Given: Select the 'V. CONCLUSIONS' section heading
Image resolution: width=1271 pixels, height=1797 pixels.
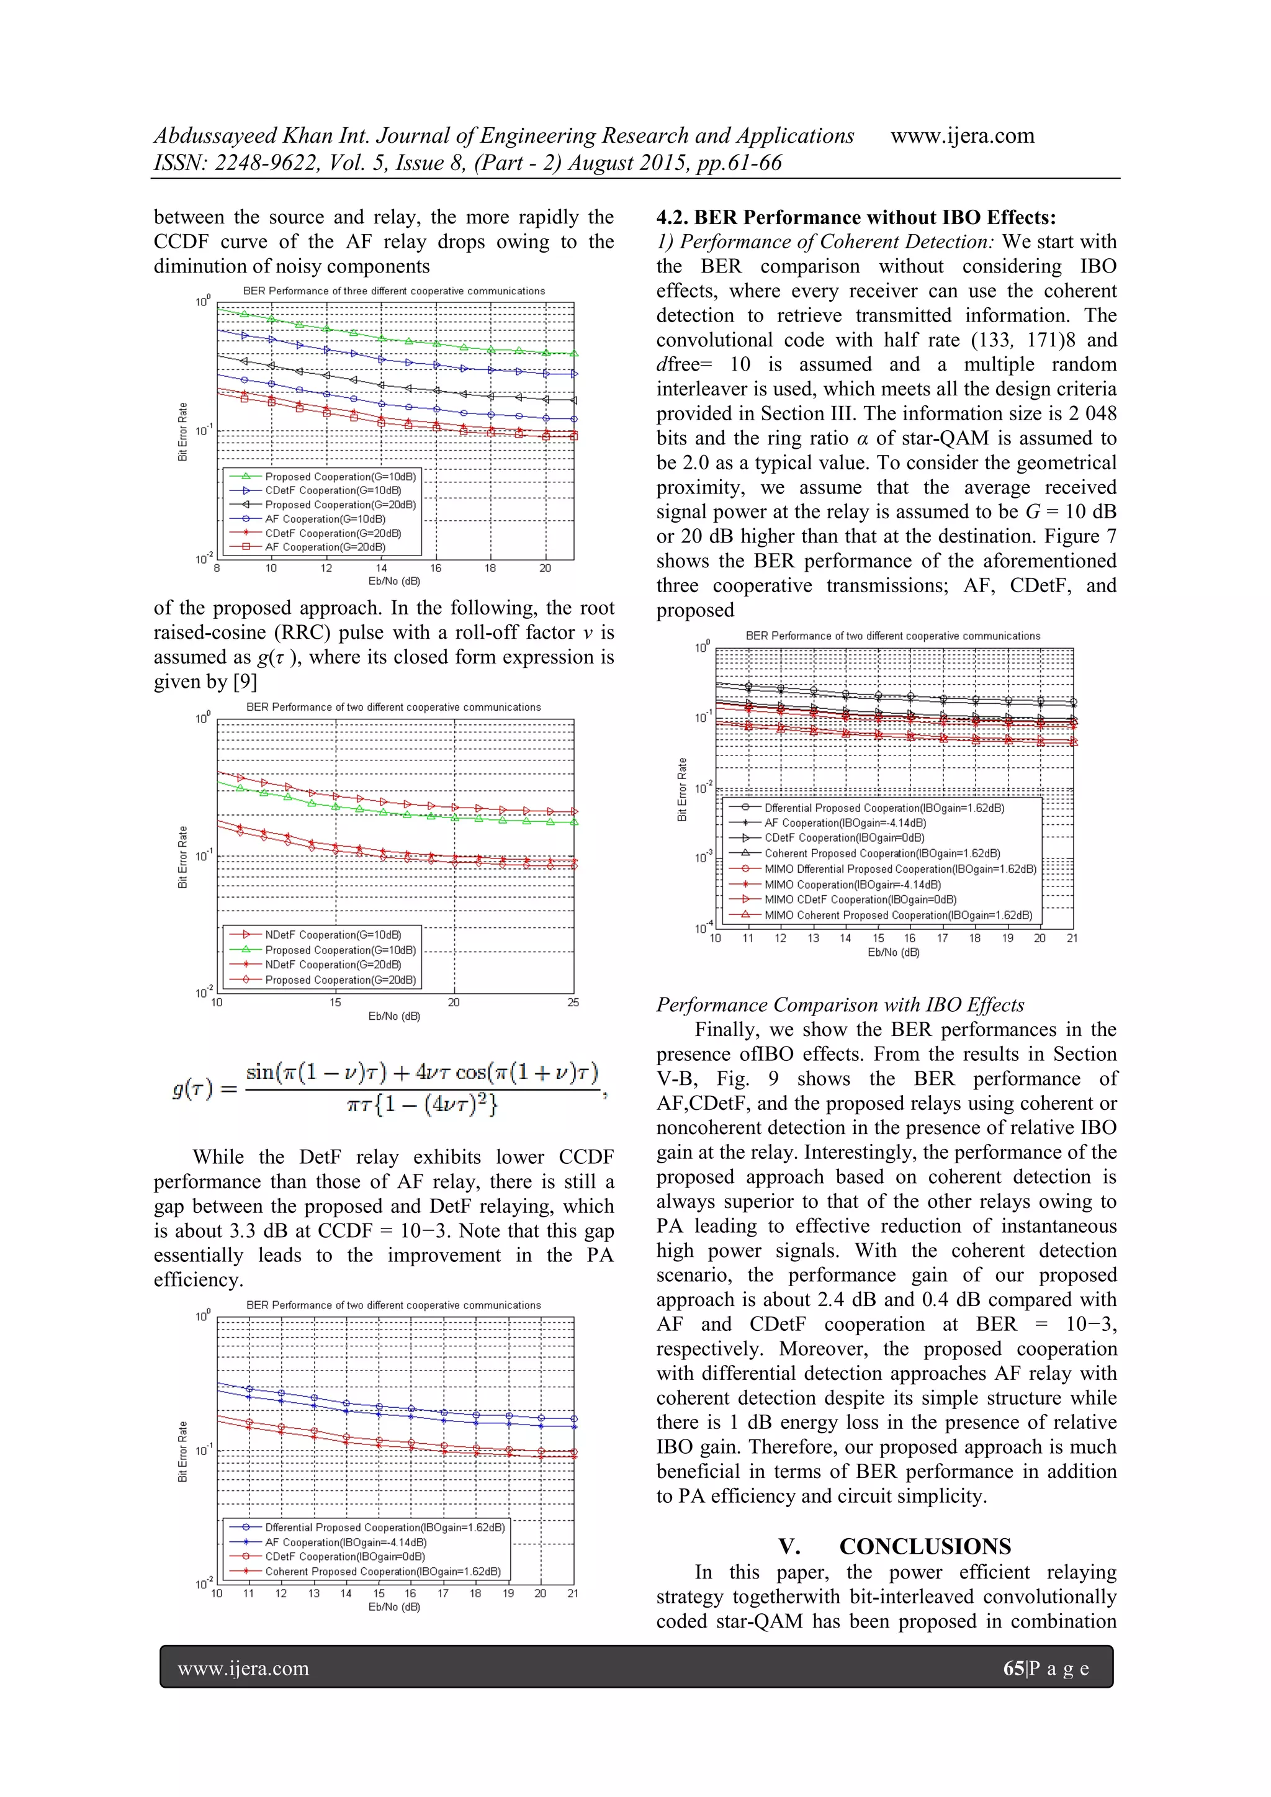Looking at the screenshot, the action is [x=894, y=1547].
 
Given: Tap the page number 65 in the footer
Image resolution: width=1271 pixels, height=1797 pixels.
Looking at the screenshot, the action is [x=1013, y=1669].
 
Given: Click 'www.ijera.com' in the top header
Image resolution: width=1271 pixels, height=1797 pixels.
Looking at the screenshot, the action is [x=962, y=135].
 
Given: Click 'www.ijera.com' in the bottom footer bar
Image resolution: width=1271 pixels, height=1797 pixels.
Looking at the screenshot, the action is [x=243, y=1669].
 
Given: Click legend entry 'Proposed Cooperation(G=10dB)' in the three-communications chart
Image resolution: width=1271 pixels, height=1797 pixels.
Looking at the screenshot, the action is [x=339, y=477].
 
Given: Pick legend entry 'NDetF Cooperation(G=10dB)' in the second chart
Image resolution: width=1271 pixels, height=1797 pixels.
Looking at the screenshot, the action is [x=333, y=935].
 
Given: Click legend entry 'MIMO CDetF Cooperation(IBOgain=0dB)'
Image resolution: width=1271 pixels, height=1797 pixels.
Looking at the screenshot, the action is [x=860, y=899].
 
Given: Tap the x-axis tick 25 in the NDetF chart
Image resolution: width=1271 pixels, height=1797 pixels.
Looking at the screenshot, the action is [x=573, y=1002].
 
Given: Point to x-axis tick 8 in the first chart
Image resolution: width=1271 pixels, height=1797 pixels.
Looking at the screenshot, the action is [x=217, y=568].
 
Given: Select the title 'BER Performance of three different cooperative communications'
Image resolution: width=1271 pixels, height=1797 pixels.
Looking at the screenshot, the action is [x=393, y=290].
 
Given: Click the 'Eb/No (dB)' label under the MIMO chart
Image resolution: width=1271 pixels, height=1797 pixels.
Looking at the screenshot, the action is [x=893, y=953].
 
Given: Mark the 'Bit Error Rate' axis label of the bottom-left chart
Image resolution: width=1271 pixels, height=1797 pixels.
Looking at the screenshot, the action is [x=182, y=1451].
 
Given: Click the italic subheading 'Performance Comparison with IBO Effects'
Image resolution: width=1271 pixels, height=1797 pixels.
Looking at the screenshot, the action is [x=840, y=1005].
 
